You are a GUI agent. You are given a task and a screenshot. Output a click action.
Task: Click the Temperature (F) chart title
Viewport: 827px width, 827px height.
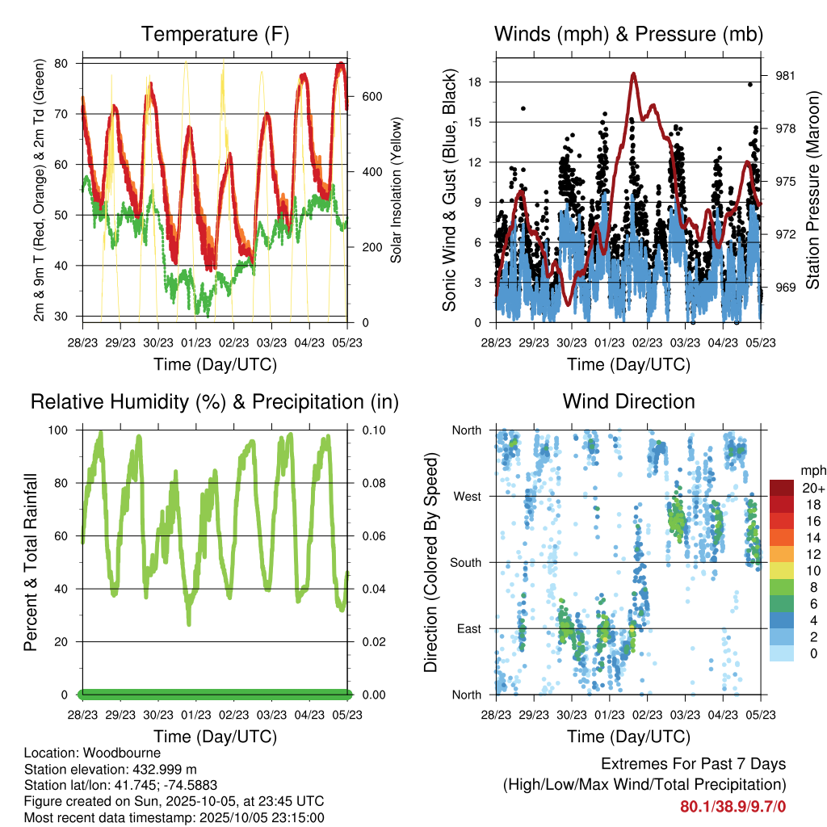coord(215,35)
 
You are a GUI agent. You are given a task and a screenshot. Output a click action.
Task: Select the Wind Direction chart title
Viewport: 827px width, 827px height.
coord(628,401)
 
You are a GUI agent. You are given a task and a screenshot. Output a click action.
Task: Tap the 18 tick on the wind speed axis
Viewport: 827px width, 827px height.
coord(475,82)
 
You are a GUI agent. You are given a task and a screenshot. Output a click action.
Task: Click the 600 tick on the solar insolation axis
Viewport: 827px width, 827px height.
coord(371,96)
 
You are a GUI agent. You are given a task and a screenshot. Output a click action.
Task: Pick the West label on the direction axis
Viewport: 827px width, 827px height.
coord(467,496)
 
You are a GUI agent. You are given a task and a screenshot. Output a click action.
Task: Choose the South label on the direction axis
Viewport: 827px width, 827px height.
coord(466,562)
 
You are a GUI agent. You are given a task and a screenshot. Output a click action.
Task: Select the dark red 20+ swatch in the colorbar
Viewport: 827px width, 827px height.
coord(781,487)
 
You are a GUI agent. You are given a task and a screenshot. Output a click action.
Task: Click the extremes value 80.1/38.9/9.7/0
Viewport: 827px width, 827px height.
coord(733,807)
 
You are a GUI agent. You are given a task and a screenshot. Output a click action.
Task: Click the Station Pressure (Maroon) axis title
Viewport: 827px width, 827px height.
coord(812,189)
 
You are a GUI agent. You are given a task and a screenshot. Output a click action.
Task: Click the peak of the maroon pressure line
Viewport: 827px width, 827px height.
coord(634,74)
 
